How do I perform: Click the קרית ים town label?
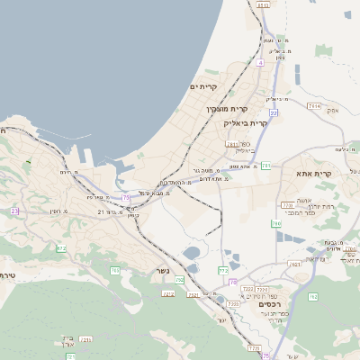point(205,86)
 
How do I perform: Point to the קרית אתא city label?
point(314,174)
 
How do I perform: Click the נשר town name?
point(164,270)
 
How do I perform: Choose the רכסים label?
point(271,304)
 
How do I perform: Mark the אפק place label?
point(333,111)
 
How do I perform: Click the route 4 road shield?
point(260,63)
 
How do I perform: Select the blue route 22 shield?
point(274,112)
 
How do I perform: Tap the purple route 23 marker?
point(14,211)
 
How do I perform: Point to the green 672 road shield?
point(61,248)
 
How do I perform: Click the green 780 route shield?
point(276,222)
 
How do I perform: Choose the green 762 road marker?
point(313,296)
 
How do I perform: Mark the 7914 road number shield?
point(314,106)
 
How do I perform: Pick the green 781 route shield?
point(266,166)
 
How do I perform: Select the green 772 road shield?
point(223,271)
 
